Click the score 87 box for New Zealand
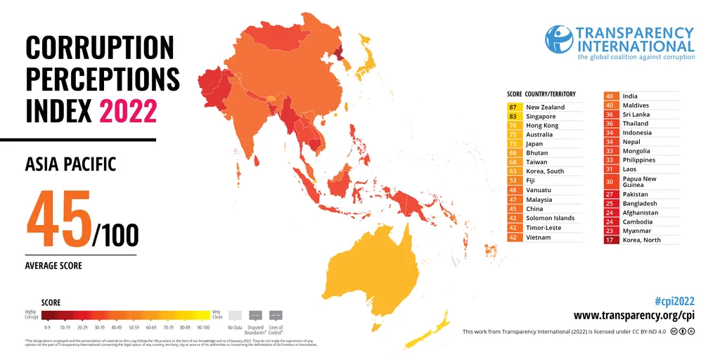[513, 107]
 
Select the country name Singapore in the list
[541, 116]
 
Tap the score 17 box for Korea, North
[610, 240]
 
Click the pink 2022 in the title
[128, 111]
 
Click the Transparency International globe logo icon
[559, 39]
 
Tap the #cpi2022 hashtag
[674, 300]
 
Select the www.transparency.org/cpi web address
[634, 315]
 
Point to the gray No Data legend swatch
[236, 316]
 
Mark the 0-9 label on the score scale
[47, 328]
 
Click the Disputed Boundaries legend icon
[255, 316]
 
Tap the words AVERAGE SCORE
[53, 266]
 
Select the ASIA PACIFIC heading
[70, 165]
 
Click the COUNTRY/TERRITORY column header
[550, 94]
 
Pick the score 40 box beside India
[610, 96]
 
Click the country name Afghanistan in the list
[641, 212]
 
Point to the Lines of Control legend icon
[276, 316]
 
